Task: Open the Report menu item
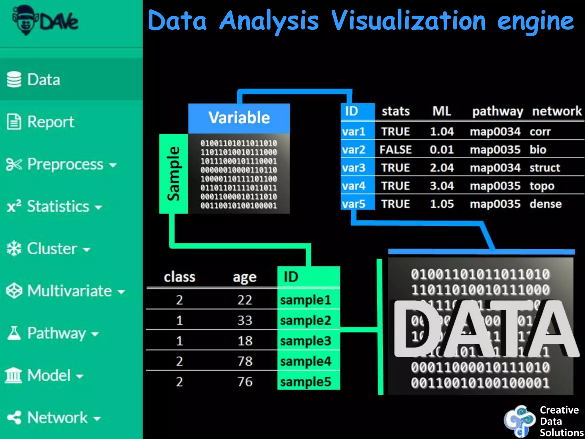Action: [x=50, y=122]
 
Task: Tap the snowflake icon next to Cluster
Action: [x=14, y=248]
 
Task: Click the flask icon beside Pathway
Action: [x=14, y=333]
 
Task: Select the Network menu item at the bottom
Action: [x=57, y=418]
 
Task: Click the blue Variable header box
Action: [x=239, y=118]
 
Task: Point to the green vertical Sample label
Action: [x=173, y=173]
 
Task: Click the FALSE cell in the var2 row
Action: [x=395, y=149]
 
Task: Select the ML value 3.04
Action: [x=442, y=186]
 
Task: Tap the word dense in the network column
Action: [x=545, y=204]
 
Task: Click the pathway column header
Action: [x=497, y=111]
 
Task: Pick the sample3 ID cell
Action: [x=306, y=341]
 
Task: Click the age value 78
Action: [x=245, y=361]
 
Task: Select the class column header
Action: [x=179, y=277]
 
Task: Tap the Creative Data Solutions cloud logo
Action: [x=519, y=421]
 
